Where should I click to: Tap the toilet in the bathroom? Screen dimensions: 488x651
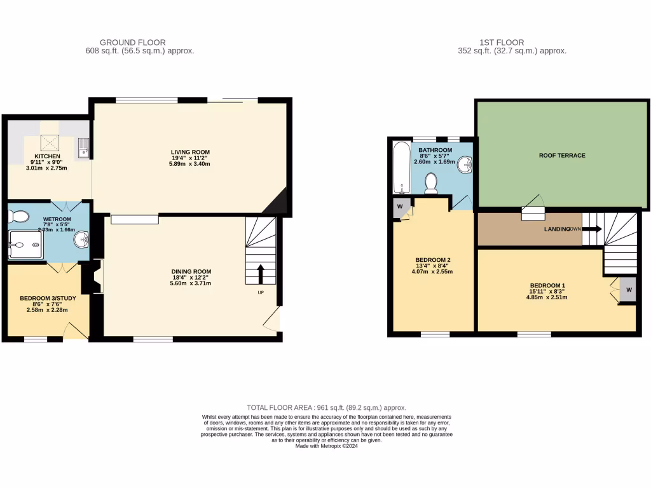click(x=430, y=183)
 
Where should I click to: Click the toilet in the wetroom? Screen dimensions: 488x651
click(x=19, y=217)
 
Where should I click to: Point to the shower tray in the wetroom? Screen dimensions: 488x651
click(x=25, y=244)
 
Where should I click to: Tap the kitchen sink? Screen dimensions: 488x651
click(x=83, y=149)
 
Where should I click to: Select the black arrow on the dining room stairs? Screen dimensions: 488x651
click(x=261, y=274)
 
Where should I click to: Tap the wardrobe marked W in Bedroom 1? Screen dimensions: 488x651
click(x=628, y=290)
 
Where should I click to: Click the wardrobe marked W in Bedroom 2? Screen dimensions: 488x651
click(x=401, y=207)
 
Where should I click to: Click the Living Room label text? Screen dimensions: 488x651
click(x=190, y=151)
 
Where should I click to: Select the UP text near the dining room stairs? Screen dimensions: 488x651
click(x=261, y=293)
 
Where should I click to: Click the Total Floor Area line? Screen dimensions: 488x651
click(x=326, y=407)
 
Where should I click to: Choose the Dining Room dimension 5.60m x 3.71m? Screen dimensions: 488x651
click(x=191, y=284)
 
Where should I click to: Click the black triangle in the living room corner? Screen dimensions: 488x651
click(x=277, y=205)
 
